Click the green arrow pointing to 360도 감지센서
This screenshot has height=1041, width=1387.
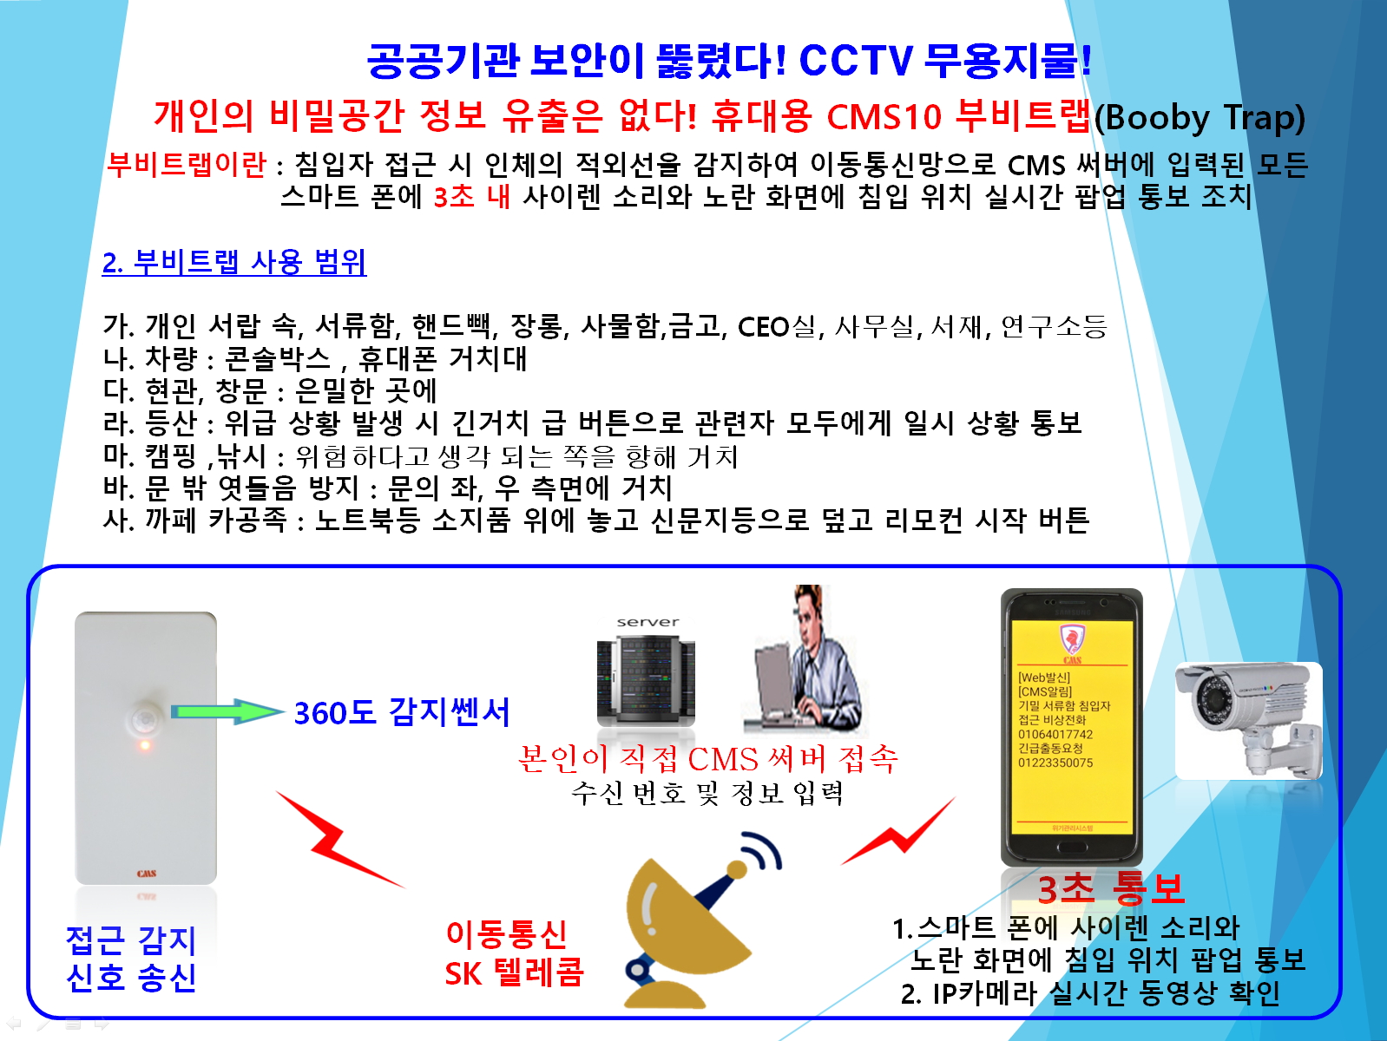tap(227, 711)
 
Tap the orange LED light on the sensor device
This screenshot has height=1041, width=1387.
tap(145, 745)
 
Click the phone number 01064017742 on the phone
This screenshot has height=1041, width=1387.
tap(1055, 734)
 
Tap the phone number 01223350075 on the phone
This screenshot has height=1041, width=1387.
tap(1055, 763)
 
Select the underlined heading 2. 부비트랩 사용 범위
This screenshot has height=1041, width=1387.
tap(234, 262)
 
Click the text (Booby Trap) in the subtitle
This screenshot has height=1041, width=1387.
tap(1199, 117)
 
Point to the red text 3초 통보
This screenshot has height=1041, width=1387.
tap(1110, 888)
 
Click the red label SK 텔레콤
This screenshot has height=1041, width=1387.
tap(514, 972)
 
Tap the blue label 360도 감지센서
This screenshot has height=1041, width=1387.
tap(402, 712)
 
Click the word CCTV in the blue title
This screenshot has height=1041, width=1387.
tap(856, 61)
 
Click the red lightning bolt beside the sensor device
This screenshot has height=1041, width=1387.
tap(340, 840)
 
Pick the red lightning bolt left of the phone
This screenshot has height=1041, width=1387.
tap(898, 832)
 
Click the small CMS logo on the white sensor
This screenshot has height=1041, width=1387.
tap(147, 874)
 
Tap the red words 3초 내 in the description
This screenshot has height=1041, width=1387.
tap(472, 196)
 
